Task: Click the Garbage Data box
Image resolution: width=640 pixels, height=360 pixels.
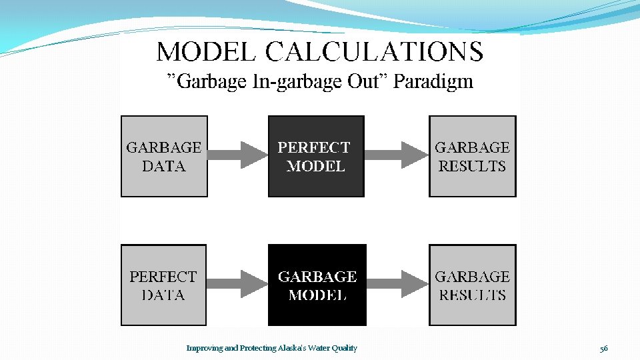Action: point(164,156)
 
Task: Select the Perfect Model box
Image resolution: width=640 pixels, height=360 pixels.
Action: point(316,156)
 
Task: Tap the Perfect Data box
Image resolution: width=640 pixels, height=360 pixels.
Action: point(163,285)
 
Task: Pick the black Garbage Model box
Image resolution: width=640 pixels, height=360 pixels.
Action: point(317,285)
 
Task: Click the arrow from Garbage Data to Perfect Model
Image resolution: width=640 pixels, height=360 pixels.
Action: point(237,155)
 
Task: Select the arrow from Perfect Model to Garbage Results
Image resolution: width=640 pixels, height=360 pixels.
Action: point(396,155)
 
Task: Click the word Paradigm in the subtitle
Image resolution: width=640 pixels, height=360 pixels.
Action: point(433,82)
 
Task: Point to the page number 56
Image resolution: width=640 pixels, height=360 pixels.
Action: point(603,348)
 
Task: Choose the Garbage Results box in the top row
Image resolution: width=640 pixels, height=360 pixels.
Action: point(472,156)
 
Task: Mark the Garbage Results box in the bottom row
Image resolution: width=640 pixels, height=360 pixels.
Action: point(472,285)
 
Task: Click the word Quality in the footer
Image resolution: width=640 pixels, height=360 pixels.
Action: point(343,348)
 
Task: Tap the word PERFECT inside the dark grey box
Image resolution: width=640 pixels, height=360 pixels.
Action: point(314,147)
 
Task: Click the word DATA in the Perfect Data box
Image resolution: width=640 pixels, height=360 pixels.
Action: point(163,295)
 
